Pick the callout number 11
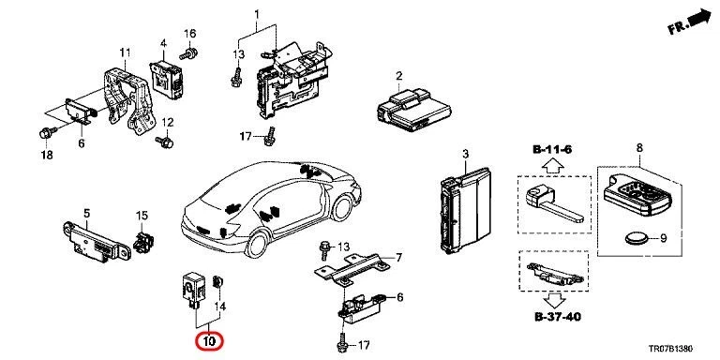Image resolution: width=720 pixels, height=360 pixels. click(x=124, y=51)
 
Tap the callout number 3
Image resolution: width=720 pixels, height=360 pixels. click(x=463, y=154)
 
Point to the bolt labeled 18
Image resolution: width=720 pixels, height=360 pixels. click(x=47, y=131)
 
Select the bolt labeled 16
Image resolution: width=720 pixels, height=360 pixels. click(x=188, y=55)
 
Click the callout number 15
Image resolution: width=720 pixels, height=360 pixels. click(x=142, y=216)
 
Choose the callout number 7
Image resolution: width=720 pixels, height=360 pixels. click(x=398, y=258)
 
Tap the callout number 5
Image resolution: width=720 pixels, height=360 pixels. click(x=86, y=213)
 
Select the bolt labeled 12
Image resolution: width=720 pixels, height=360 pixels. click(x=166, y=142)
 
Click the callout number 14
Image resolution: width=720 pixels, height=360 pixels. click(x=221, y=306)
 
